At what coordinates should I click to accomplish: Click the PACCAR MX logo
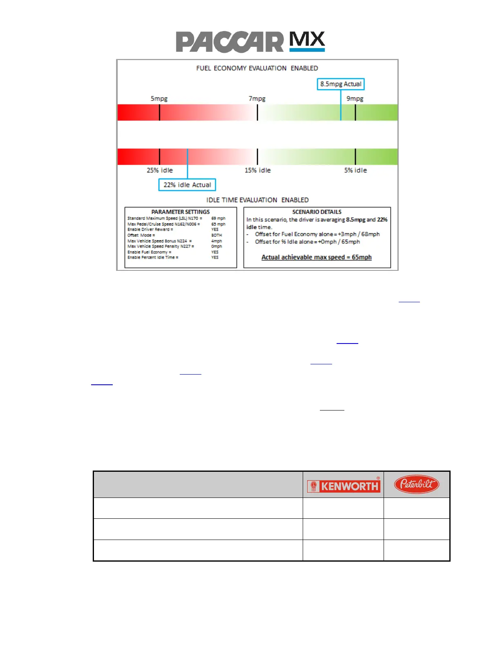pos(250,42)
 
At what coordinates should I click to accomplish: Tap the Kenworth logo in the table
pos(344,486)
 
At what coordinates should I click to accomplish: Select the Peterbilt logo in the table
pos(416,484)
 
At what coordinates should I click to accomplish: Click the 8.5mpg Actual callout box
pos(341,84)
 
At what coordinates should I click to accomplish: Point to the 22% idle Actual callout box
pos(187,185)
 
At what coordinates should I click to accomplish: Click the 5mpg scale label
pos(159,98)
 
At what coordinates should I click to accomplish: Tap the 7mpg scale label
pos(257,98)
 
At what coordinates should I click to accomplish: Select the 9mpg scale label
pos(355,98)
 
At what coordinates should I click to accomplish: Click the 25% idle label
pos(160,170)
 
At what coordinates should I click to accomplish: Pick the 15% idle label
pos(257,170)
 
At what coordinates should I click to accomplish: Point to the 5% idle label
pos(355,170)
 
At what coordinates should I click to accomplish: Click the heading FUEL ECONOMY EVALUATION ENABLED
pos(257,68)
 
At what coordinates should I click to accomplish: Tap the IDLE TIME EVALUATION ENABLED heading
pos(257,200)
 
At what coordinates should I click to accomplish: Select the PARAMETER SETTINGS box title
pos(181,212)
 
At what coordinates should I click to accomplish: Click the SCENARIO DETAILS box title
pos(317,212)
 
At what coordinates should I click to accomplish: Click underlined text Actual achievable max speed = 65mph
pos(317,257)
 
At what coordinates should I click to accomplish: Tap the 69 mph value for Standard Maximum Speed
pos(218,219)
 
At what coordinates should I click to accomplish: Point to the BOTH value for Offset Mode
pos(217,235)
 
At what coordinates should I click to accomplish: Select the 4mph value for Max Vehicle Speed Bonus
pos(217,241)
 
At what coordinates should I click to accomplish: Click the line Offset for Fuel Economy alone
pos(317,234)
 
